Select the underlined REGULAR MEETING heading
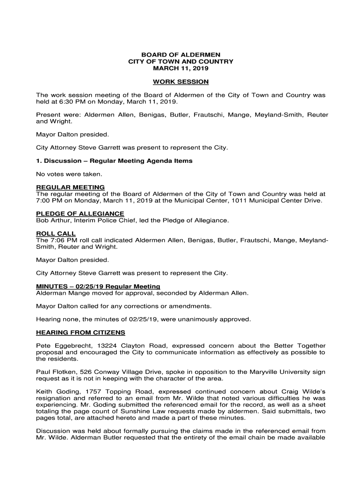point(70,187)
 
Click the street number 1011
point(252,201)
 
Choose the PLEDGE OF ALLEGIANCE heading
point(80,214)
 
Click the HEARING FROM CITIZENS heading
point(80,333)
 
